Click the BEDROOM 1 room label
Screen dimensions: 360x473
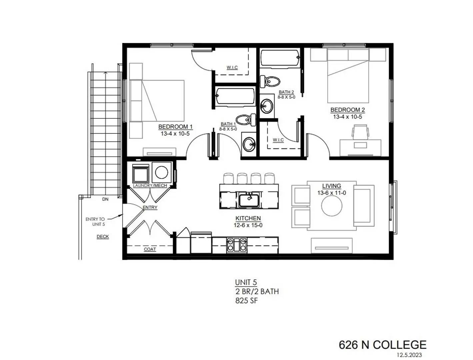[x=175, y=127]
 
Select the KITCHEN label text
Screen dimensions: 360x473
[x=248, y=218]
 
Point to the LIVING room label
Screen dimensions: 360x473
[x=331, y=186]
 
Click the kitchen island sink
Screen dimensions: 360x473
[x=249, y=200]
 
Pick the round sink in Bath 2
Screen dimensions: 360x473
[x=266, y=106]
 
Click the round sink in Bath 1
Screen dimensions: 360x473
[x=249, y=144]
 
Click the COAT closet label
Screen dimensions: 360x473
[x=150, y=249]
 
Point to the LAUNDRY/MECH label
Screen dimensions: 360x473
[x=150, y=185]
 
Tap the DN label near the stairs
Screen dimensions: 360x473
[x=105, y=199]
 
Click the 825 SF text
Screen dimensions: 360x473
[x=246, y=301]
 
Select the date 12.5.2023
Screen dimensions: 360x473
[x=409, y=355]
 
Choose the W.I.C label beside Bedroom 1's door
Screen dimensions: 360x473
[x=232, y=68]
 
